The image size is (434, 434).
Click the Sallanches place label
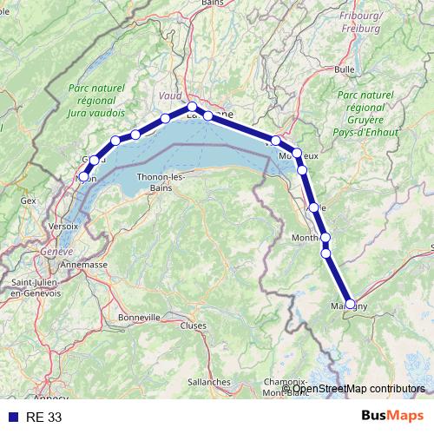pyautogui.click(x=208, y=381)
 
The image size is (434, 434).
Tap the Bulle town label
pyautogui.click(x=345, y=69)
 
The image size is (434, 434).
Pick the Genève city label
pyautogui.click(x=56, y=251)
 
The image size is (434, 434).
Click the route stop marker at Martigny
pyautogui.click(x=351, y=304)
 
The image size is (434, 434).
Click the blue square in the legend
pyautogui.click(x=13, y=418)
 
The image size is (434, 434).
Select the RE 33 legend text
pyautogui.click(x=44, y=418)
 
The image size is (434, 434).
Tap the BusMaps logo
pyautogui.click(x=391, y=416)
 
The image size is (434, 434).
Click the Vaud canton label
pyautogui.click(x=170, y=95)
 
